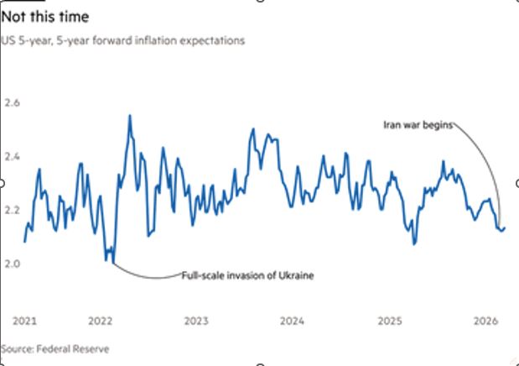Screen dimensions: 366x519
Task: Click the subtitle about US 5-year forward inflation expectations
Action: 122,40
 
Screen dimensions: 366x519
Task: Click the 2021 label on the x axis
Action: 23,321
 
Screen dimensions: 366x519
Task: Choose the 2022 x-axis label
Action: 100,321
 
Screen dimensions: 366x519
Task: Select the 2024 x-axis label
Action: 292,321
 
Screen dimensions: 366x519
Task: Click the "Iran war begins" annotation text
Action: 418,125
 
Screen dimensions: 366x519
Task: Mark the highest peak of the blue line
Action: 130,116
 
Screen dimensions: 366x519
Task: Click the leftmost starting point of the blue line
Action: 24,242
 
